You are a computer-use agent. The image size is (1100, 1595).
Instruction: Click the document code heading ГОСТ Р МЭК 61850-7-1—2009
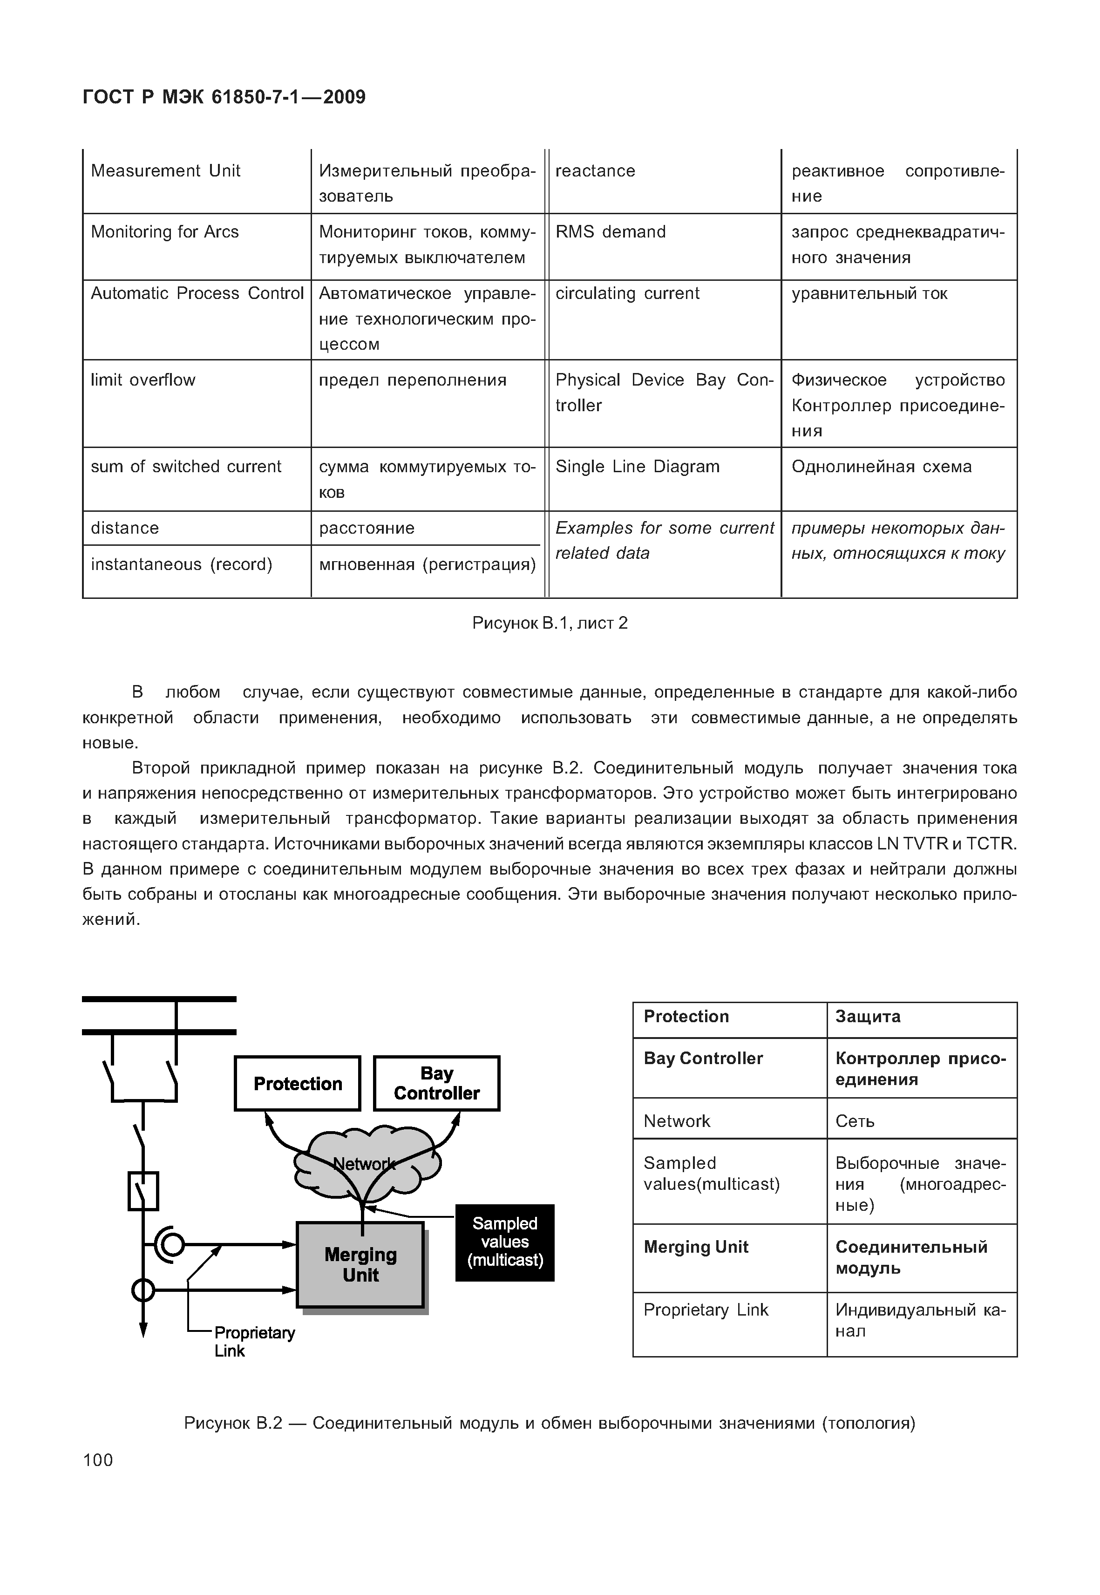pyautogui.click(x=224, y=97)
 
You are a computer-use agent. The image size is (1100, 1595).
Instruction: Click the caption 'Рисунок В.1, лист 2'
pyautogui.click(x=550, y=623)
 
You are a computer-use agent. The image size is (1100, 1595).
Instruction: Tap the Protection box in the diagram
pyautogui.click(x=297, y=1084)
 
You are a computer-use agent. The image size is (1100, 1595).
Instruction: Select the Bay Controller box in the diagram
pyautogui.click(x=436, y=1084)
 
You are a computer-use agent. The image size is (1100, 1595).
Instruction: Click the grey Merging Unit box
pyautogui.click(x=360, y=1265)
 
